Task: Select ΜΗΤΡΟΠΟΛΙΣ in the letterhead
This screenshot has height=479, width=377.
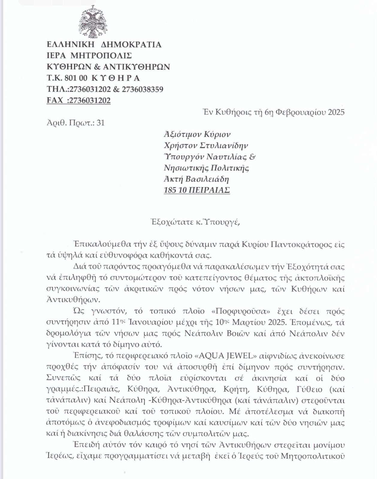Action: tap(101, 56)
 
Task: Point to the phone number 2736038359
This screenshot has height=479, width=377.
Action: tap(143, 89)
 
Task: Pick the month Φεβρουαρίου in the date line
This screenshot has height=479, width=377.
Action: tap(300, 112)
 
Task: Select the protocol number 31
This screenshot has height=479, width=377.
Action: tap(101, 123)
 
